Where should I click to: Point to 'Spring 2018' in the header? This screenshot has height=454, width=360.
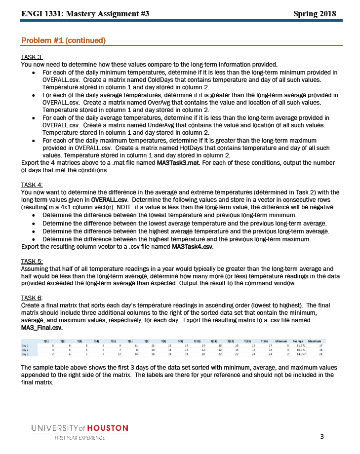pos(314,14)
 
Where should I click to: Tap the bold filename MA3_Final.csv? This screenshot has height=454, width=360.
pos(42,327)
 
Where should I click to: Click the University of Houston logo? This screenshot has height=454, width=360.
pos(80,428)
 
